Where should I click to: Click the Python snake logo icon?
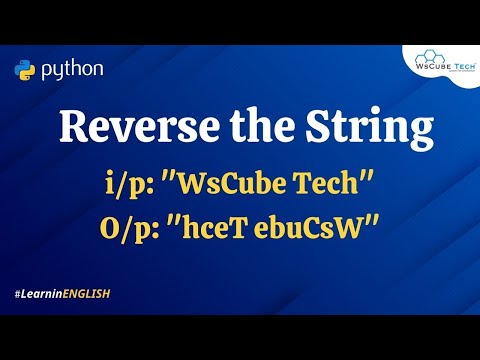25,70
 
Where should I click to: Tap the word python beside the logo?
71,70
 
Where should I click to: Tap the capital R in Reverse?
73,130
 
